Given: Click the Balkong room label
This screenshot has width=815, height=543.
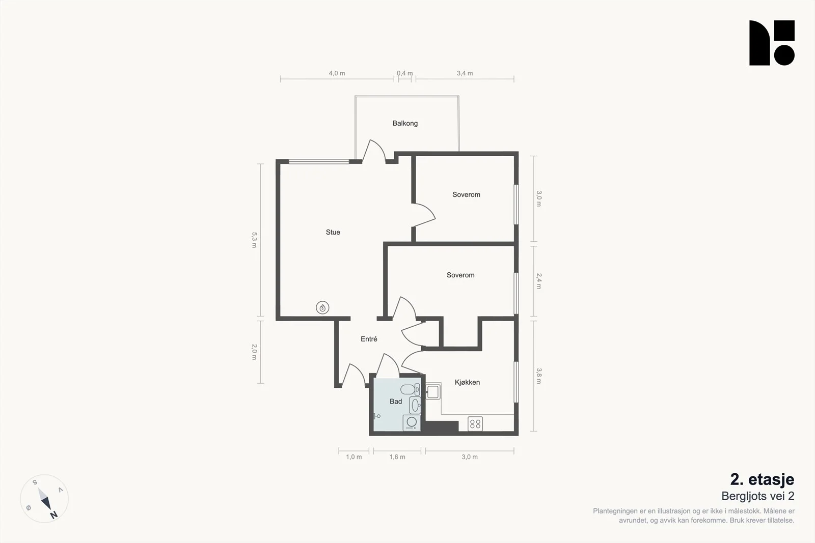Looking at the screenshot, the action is pyautogui.click(x=405, y=123).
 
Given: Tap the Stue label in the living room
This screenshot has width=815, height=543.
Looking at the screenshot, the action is pyautogui.click(x=333, y=232).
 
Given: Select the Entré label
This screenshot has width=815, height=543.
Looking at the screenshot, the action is pyautogui.click(x=369, y=339).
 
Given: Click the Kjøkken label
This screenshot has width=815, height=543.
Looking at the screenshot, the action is pyautogui.click(x=467, y=382).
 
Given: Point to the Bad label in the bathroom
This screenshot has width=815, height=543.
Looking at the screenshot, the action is pyautogui.click(x=396, y=401).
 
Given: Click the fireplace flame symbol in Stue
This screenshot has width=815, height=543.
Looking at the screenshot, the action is pyautogui.click(x=322, y=308).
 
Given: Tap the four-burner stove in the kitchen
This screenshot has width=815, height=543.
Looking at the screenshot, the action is pyautogui.click(x=475, y=424).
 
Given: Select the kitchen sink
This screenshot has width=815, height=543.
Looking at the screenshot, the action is pyautogui.click(x=433, y=391).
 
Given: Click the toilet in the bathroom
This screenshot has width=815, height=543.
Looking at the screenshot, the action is pyautogui.click(x=410, y=390).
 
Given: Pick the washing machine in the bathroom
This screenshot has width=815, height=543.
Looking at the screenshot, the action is pyautogui.click(x=412, y=423).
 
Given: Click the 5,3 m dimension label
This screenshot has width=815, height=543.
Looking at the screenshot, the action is pyautogui.click(x=254, y=240).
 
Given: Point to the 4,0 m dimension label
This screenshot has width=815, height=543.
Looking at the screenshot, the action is pyautogui.click(x=337, y=73).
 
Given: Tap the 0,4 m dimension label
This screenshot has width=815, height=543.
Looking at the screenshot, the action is pyautogui.click(x=404, y=73).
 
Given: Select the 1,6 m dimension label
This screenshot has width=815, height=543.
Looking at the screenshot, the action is pyautogui.click(x=397, y=457).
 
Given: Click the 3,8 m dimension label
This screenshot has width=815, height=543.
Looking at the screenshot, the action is pyautogui.click(x=539, y=376).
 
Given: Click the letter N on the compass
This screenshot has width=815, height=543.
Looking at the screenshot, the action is pyautogui.click(x=53, y=515).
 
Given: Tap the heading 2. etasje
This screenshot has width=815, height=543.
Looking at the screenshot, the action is pyautogui.click(x=762, y=479).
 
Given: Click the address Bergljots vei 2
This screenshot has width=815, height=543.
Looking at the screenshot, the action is pyautogui.click(x=758, y=496).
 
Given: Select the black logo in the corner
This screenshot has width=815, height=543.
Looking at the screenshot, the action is pyautogui.click(x=772, y=43).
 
